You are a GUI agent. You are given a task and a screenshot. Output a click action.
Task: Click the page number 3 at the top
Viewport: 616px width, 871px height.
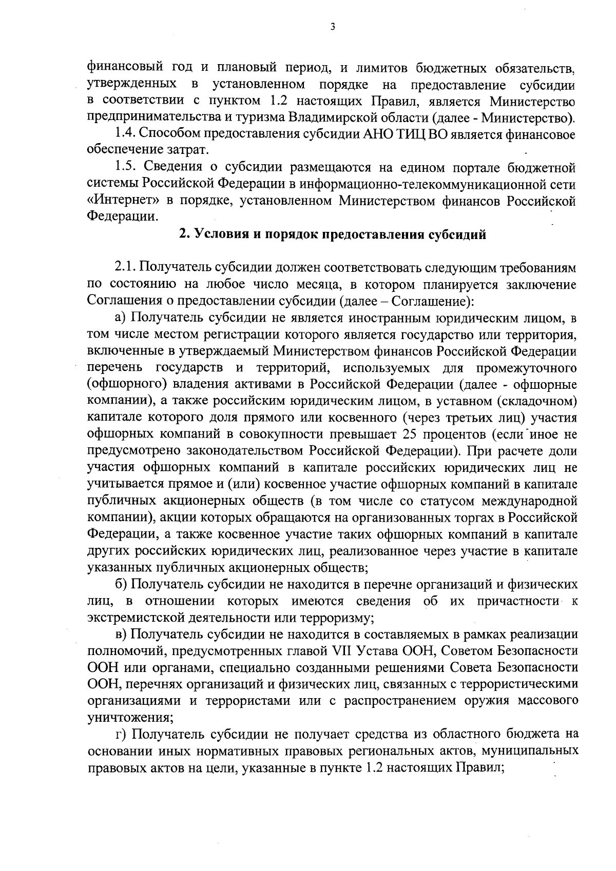(333, 27)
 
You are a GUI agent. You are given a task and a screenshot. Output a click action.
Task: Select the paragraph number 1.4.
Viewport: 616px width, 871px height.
(125, 134)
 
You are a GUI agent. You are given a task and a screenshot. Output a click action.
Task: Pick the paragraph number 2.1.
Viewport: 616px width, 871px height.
(125, 268)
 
